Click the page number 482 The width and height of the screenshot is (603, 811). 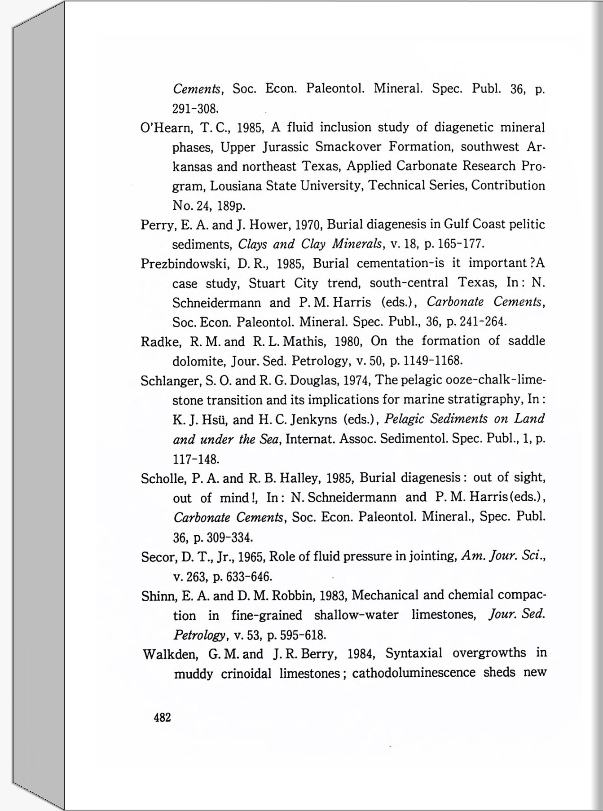(162, 718)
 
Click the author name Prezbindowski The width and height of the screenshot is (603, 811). (185, 264)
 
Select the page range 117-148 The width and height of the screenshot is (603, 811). (196, 459)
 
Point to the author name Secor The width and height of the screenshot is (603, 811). (159, 557)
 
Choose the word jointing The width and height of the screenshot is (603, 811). (432, 557)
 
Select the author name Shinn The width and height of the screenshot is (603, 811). (160, 596)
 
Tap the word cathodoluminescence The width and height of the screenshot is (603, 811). (414, 673)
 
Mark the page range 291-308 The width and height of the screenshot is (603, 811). (195, 109)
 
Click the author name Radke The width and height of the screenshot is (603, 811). (160, 342)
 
